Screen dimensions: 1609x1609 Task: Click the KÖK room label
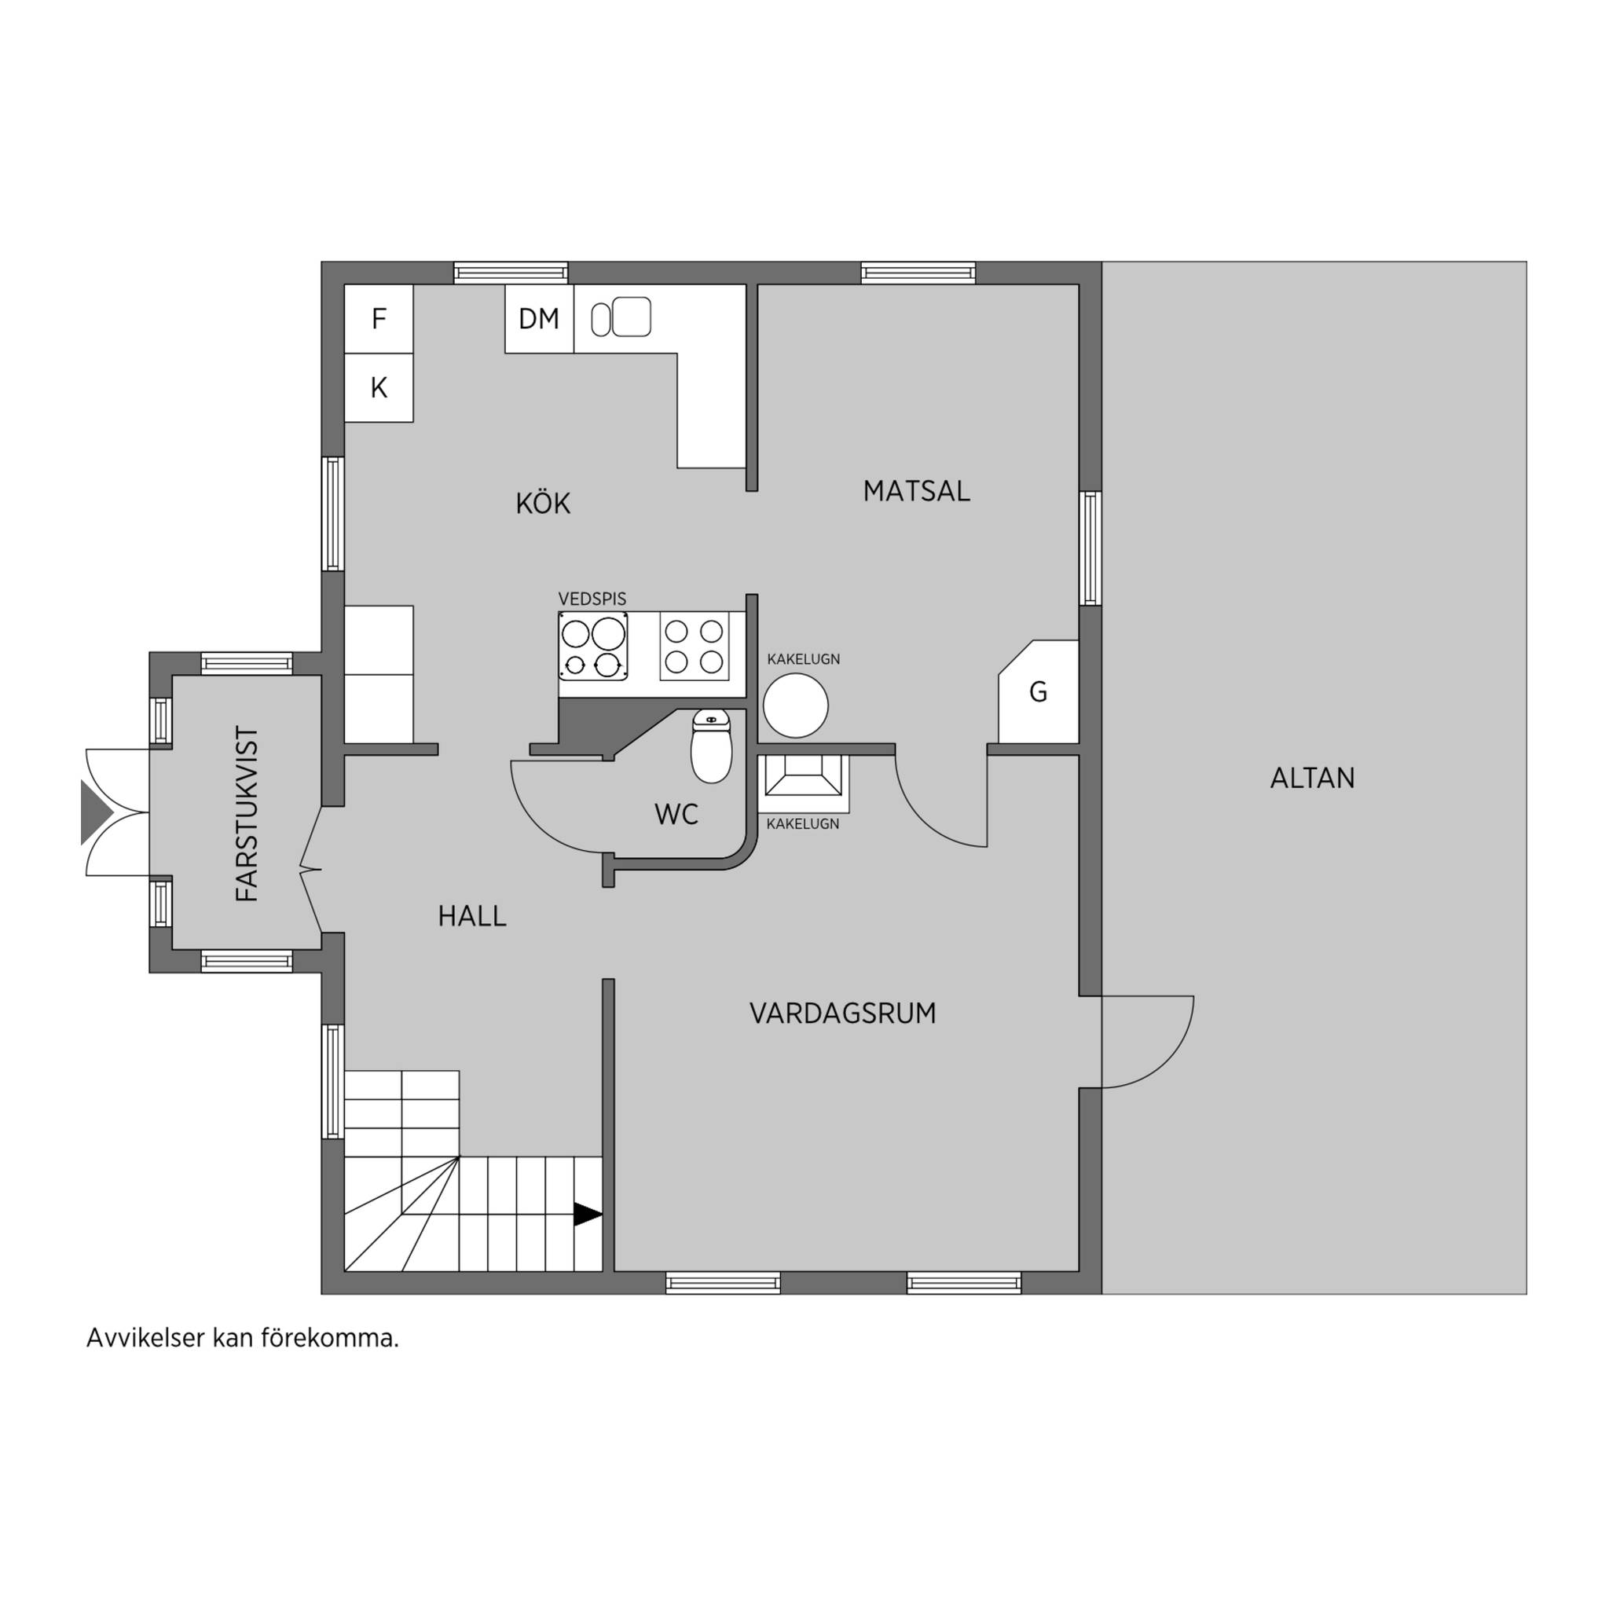(x=543, y=503)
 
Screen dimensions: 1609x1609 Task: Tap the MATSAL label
(x=916, y=491)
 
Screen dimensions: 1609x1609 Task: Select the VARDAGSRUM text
(x=843, y=1013)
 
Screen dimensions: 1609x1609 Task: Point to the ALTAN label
(x=1313, y=778)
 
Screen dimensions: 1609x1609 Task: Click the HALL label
(x=472, y=916)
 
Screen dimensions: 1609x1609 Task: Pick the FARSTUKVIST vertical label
(x=247, y=814)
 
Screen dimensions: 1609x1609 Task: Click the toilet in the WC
(x=711, y=746)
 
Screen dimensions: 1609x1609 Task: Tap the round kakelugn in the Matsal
(x=796, y=706)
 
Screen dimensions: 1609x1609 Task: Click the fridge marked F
(x=379, y=319)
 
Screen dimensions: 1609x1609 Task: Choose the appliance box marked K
(x=379, y=387)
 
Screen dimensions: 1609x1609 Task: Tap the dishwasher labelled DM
(x=539, y=319)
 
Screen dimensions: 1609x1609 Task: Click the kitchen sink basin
(x=632, y=317)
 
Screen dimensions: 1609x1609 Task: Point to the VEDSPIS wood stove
(x=593, y=647)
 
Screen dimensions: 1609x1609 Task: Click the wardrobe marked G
(x=1039, y=691)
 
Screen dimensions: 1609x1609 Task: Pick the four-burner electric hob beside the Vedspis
(x=694, y=647)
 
